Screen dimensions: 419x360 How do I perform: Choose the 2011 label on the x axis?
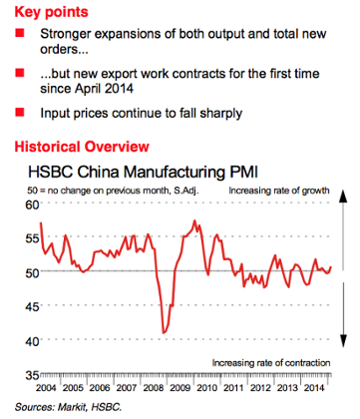point(238,385)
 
